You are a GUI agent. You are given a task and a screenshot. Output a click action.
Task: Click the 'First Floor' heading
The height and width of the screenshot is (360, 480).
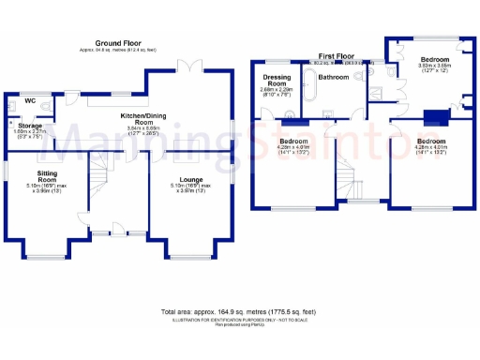[338, 56]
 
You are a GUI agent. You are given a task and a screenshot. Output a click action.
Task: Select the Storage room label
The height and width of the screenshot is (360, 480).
[30, 125]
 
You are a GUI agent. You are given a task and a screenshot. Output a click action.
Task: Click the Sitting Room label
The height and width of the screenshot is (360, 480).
[47, 176]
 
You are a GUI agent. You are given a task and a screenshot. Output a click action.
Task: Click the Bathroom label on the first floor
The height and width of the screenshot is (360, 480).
[333, 76]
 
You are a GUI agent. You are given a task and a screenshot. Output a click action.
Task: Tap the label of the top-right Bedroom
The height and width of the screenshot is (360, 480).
[434, 59]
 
